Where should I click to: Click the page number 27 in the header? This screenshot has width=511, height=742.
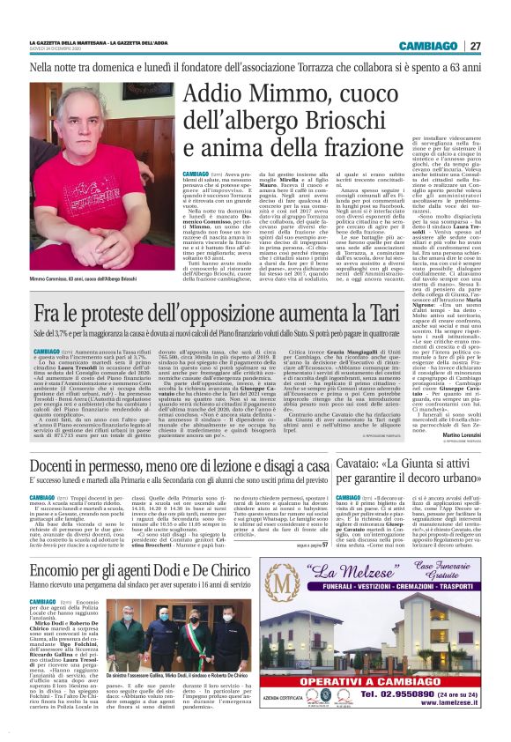[x=498, y=46]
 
